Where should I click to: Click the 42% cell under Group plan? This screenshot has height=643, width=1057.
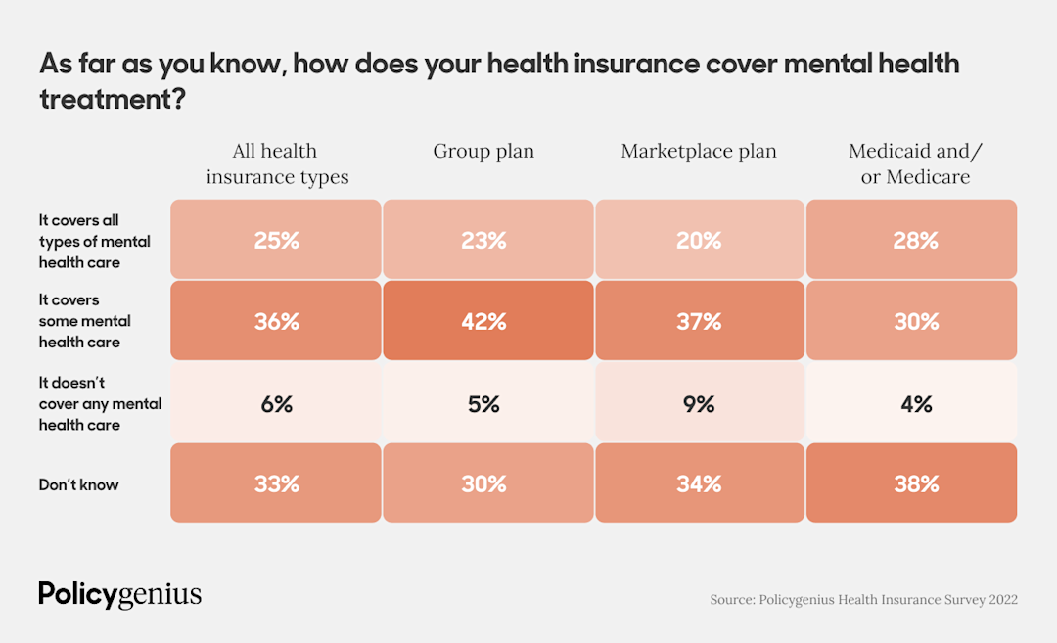click(487, 321)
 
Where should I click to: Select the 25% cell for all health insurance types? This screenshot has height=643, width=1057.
click(276, 240)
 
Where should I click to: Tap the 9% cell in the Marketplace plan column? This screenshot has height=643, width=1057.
click(699, 402)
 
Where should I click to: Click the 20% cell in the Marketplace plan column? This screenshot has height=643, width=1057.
click(699, 240)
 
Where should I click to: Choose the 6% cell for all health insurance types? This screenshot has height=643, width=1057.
click(276, 402)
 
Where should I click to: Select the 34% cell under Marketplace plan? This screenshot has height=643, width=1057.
click(699, 483)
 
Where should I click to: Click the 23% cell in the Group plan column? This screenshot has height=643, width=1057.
click(487, 240)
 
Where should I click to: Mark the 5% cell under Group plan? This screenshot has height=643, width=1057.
click(487, 402)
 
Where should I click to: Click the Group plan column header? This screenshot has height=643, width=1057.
click(483, 152)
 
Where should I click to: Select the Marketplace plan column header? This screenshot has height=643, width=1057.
click(699, 152)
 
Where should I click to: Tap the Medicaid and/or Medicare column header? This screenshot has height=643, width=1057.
click(915, 163)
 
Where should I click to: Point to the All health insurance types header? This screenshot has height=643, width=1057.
click(276, 163)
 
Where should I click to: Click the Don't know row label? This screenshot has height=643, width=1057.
click(79, 484)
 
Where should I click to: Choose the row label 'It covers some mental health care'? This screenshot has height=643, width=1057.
click(85, 321)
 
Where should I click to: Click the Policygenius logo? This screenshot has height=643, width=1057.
click(120, 593)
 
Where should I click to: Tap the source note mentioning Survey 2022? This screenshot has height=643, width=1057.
click(863, 599)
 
